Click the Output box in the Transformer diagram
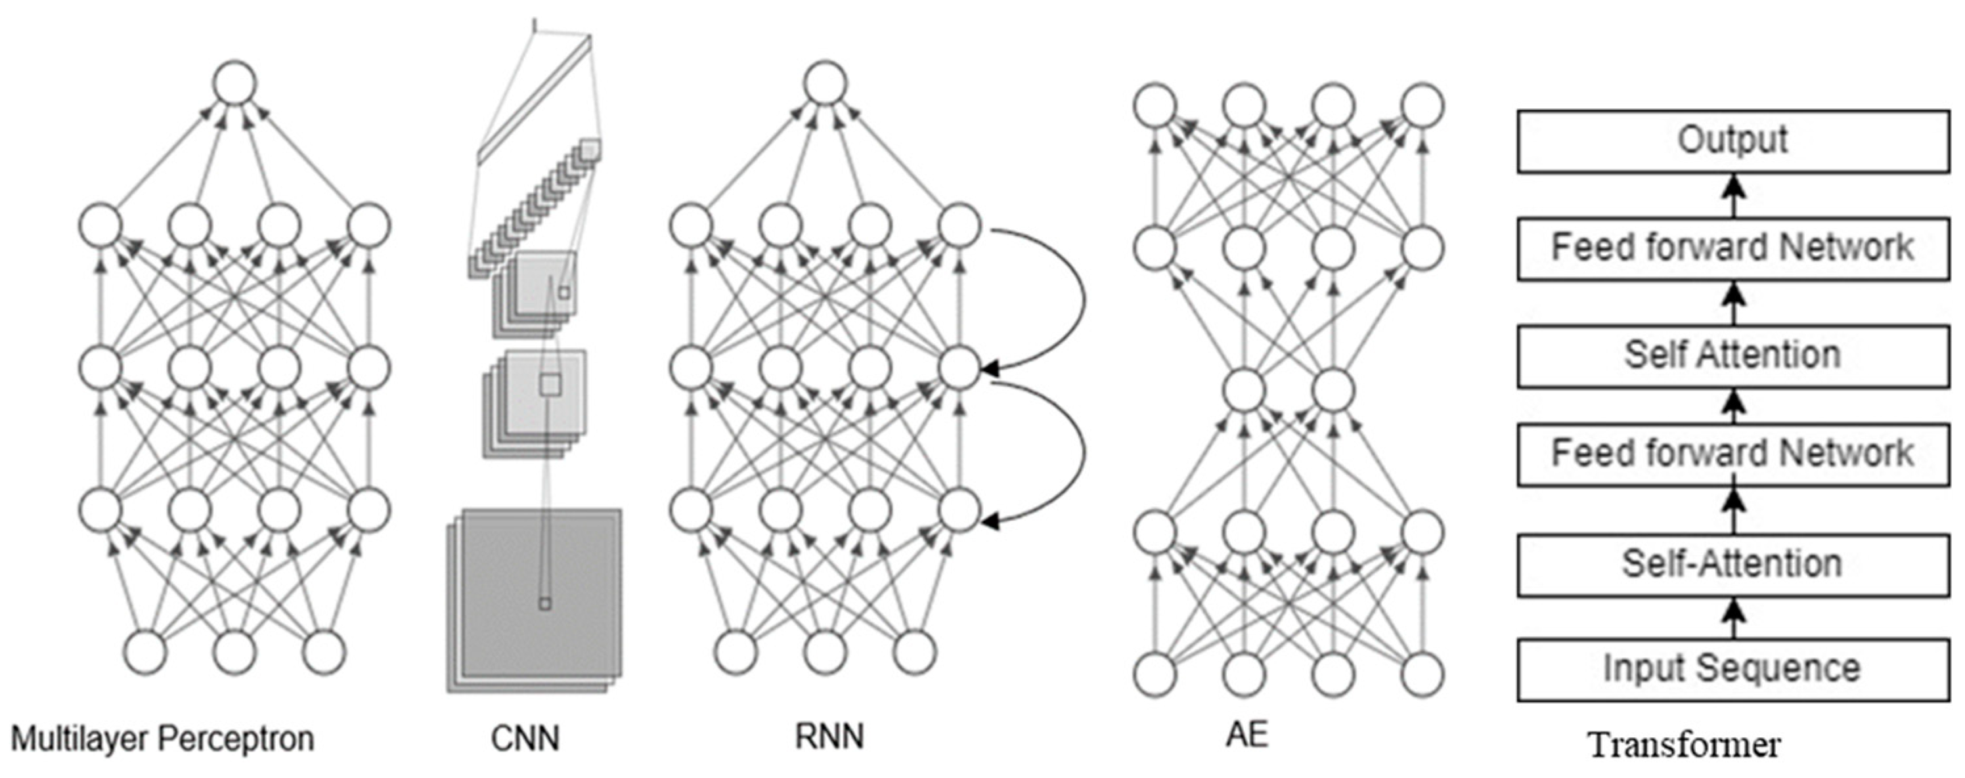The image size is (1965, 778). point(1733,141)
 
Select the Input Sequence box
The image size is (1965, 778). point(1733,669)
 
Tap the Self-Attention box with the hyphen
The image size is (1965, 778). point(1733,565)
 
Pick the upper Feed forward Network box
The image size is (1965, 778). point(1733,249)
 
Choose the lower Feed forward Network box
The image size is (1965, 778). point(1733,454)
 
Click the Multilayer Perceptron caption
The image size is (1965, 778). point(162,739)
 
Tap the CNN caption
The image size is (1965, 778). point(525,739)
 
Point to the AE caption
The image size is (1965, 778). point(1247,735)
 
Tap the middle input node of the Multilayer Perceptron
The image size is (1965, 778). point(234,653)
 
